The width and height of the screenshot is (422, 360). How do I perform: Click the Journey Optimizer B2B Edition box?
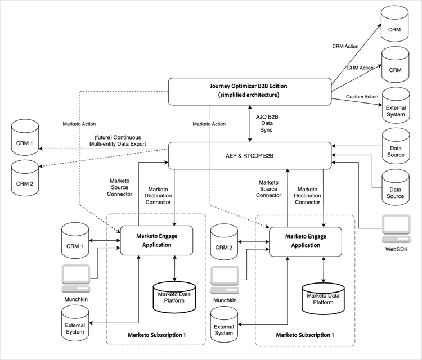pos(250,91)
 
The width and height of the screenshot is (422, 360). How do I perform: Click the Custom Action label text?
pos(362,97)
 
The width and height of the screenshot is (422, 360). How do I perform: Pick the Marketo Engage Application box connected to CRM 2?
pos(306,241)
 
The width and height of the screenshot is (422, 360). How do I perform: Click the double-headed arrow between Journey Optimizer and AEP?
pos(250,123)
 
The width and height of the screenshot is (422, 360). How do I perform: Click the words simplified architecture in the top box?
pos(250,96)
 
